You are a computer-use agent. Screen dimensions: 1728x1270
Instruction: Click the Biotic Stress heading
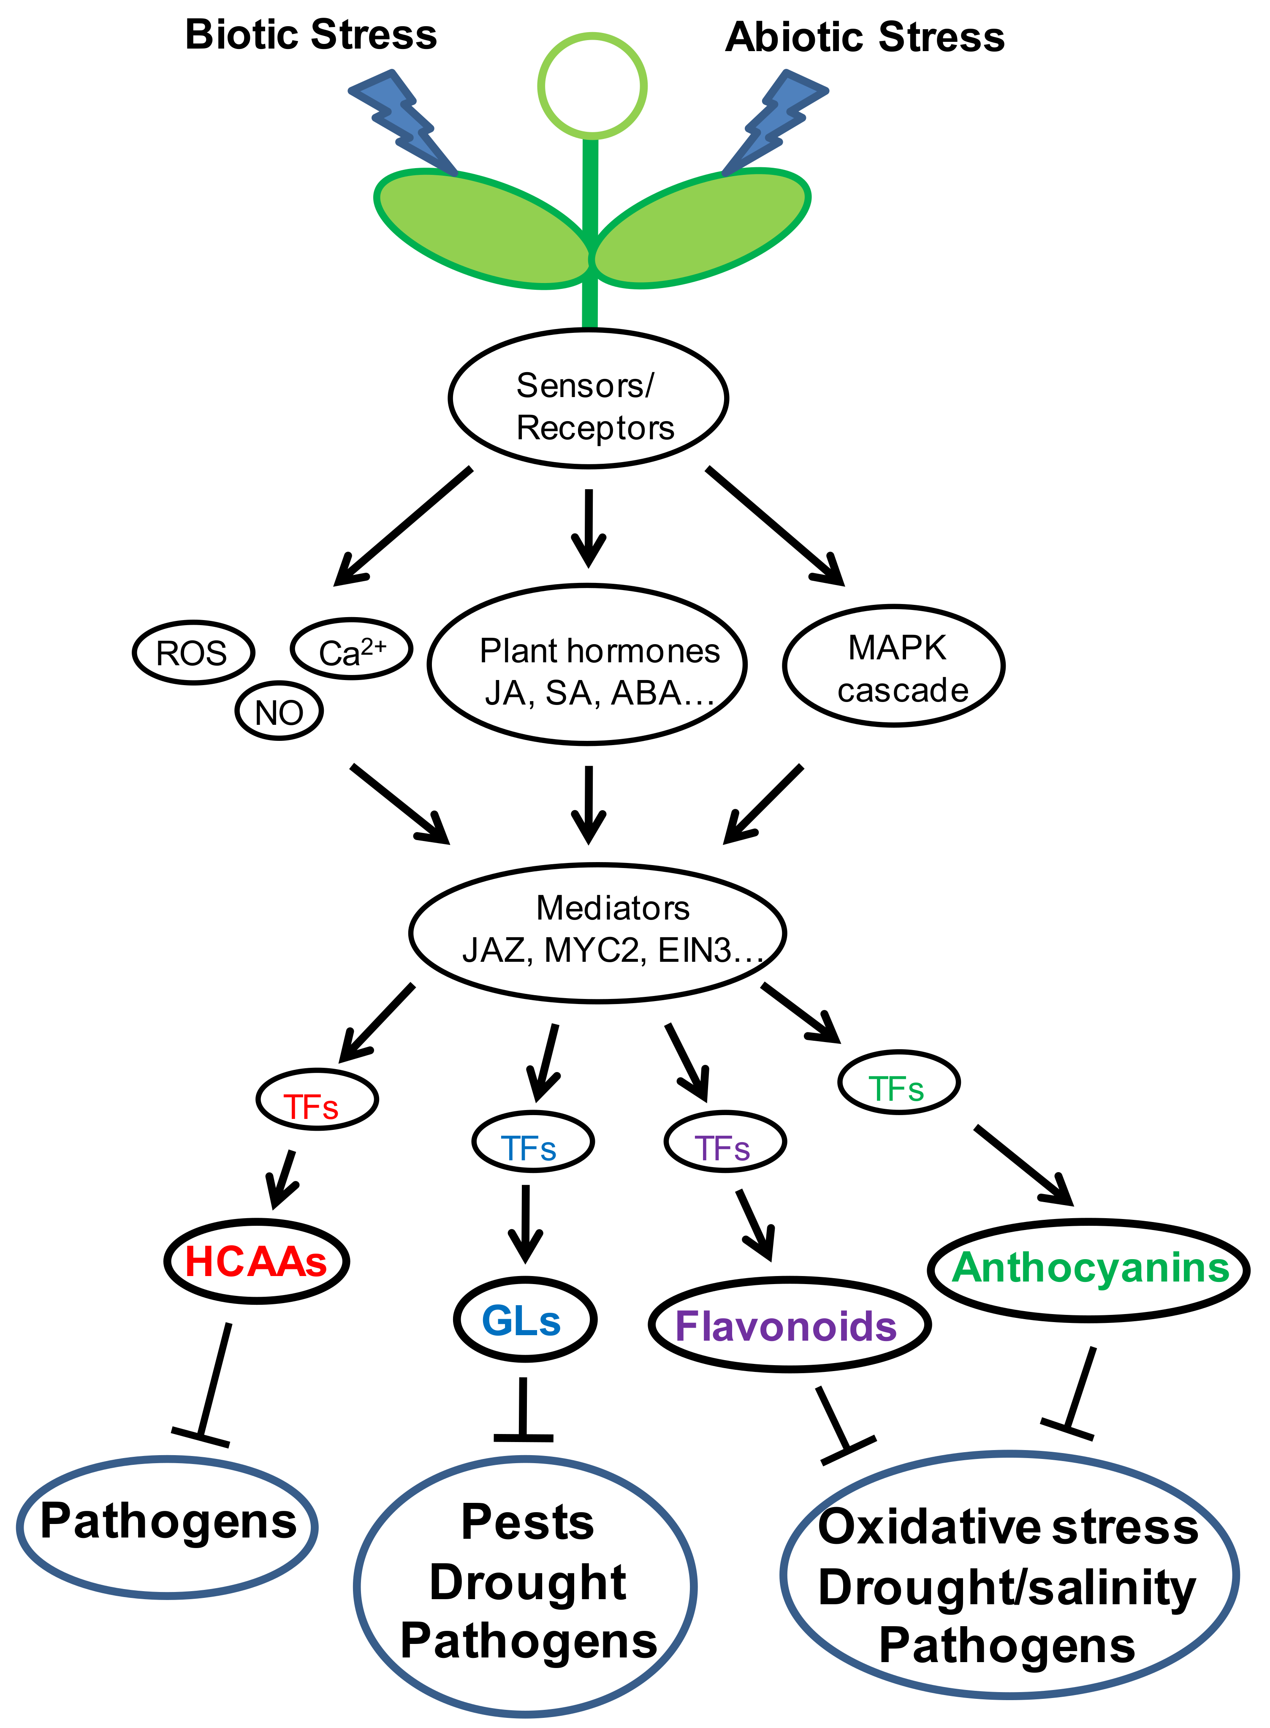(311, 35)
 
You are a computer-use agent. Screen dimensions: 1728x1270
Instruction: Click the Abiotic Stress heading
(864, 37)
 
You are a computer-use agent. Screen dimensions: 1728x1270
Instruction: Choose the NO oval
(279, 711)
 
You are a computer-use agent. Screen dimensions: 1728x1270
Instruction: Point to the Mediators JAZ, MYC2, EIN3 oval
(597, 933)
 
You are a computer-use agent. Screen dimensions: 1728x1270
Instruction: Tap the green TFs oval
(898, 1082)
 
